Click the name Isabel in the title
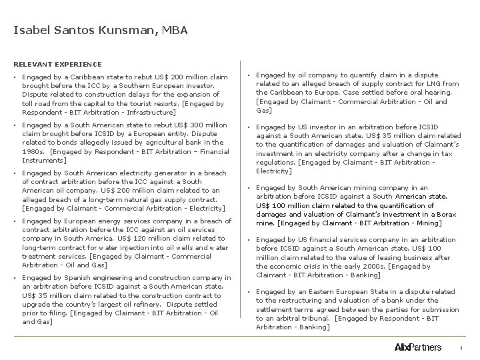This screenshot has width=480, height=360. click(31, 30)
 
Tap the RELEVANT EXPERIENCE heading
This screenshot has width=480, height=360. click(57, 65)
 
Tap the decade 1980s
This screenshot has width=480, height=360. click(33, 151)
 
